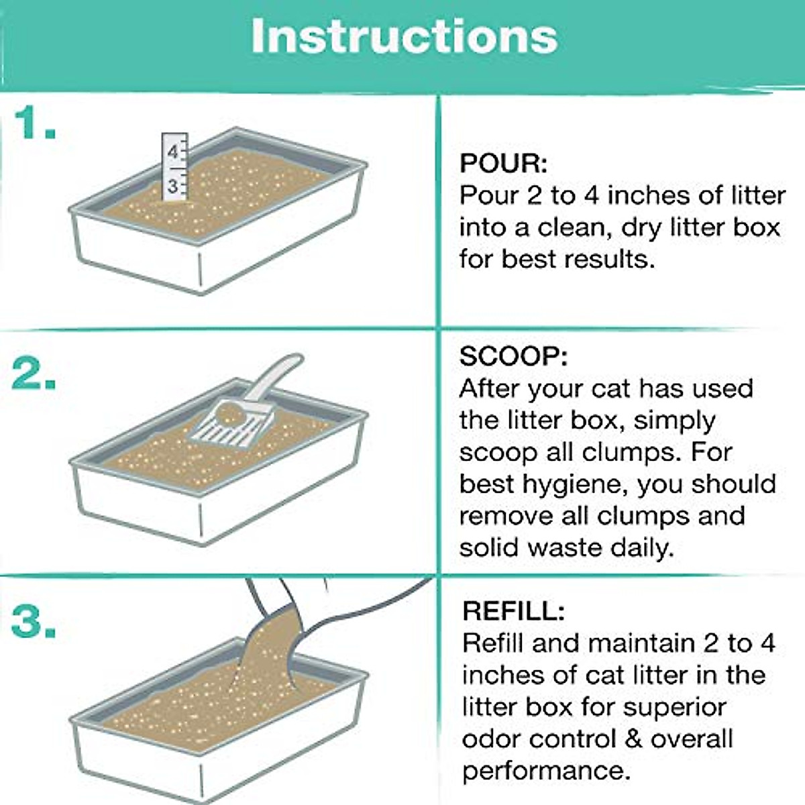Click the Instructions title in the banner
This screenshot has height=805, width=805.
[404, 36]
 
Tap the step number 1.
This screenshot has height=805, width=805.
[34, 123]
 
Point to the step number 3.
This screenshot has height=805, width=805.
[34, 622]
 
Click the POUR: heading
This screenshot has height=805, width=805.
[503, 164]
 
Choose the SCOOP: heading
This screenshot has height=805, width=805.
[513, 356]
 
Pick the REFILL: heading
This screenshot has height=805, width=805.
[513, 611]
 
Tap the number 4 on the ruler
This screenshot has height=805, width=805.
[172, 152]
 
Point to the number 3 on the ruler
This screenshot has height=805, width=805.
[172, 185]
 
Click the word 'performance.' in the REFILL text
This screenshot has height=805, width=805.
[546, 771]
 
